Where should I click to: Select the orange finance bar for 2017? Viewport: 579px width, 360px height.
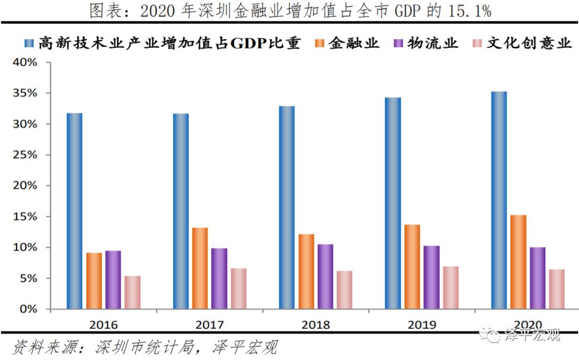(200, 268)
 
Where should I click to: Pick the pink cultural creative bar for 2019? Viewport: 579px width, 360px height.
(451, 288)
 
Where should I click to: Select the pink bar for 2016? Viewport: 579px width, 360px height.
(132, 292)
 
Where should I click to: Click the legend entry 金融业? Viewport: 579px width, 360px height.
(354, 43)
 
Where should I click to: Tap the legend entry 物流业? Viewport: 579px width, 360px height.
(434, 43)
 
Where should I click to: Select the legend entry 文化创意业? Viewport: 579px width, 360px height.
(529, 43)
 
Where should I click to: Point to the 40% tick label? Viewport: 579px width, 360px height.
(25, 63)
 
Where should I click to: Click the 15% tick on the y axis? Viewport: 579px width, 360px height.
(25, 217)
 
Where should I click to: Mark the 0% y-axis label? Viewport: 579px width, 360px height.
(29, 310)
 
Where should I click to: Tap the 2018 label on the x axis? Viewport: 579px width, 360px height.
(315, 325)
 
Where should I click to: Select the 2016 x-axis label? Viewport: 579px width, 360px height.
(103, 325)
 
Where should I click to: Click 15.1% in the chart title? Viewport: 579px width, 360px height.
(471, 11)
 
